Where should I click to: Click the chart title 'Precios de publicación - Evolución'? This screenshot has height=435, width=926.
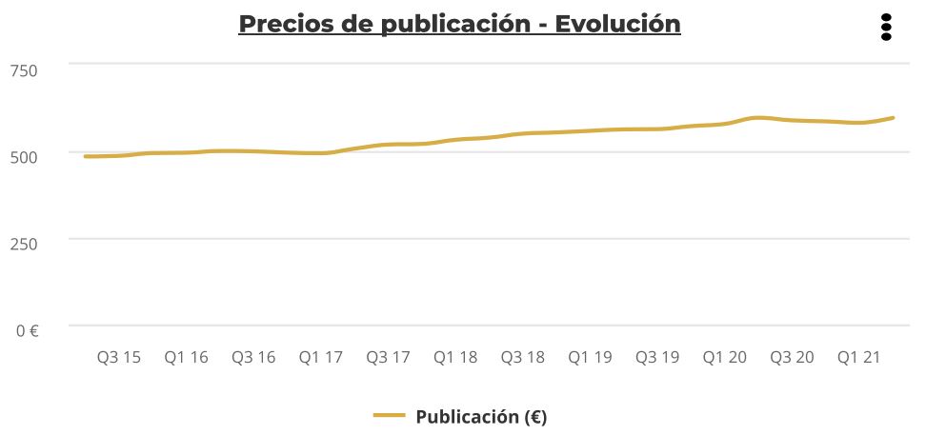click(459, 23)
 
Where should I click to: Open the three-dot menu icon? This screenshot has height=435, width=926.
click(886, 27)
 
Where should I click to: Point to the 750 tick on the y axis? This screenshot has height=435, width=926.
click(24, 69)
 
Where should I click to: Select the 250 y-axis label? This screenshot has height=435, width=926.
click(24, 244)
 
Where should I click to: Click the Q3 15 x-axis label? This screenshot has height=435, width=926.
click(119, 358)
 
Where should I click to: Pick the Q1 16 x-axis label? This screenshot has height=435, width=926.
click(186, 358)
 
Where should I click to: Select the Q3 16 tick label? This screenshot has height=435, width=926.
click(253, 358)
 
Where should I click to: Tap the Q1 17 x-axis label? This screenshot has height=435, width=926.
click(321, 358)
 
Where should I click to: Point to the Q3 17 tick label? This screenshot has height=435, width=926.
click(388, 358)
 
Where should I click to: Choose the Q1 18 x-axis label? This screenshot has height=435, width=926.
click(455, 358)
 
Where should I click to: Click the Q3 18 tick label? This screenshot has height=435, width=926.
click(523, 358)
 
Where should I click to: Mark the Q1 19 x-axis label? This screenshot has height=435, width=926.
click(590, 358)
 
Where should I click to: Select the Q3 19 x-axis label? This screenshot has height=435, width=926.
click(657, 358)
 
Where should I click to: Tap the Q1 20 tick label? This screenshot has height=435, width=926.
click(725, 358)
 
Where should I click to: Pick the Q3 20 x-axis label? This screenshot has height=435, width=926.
click(792, 358)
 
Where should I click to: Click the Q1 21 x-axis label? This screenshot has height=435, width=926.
click(859, 358)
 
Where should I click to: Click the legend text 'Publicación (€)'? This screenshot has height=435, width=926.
click(481, 416)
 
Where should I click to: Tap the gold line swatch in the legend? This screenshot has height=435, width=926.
click(389, 416)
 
